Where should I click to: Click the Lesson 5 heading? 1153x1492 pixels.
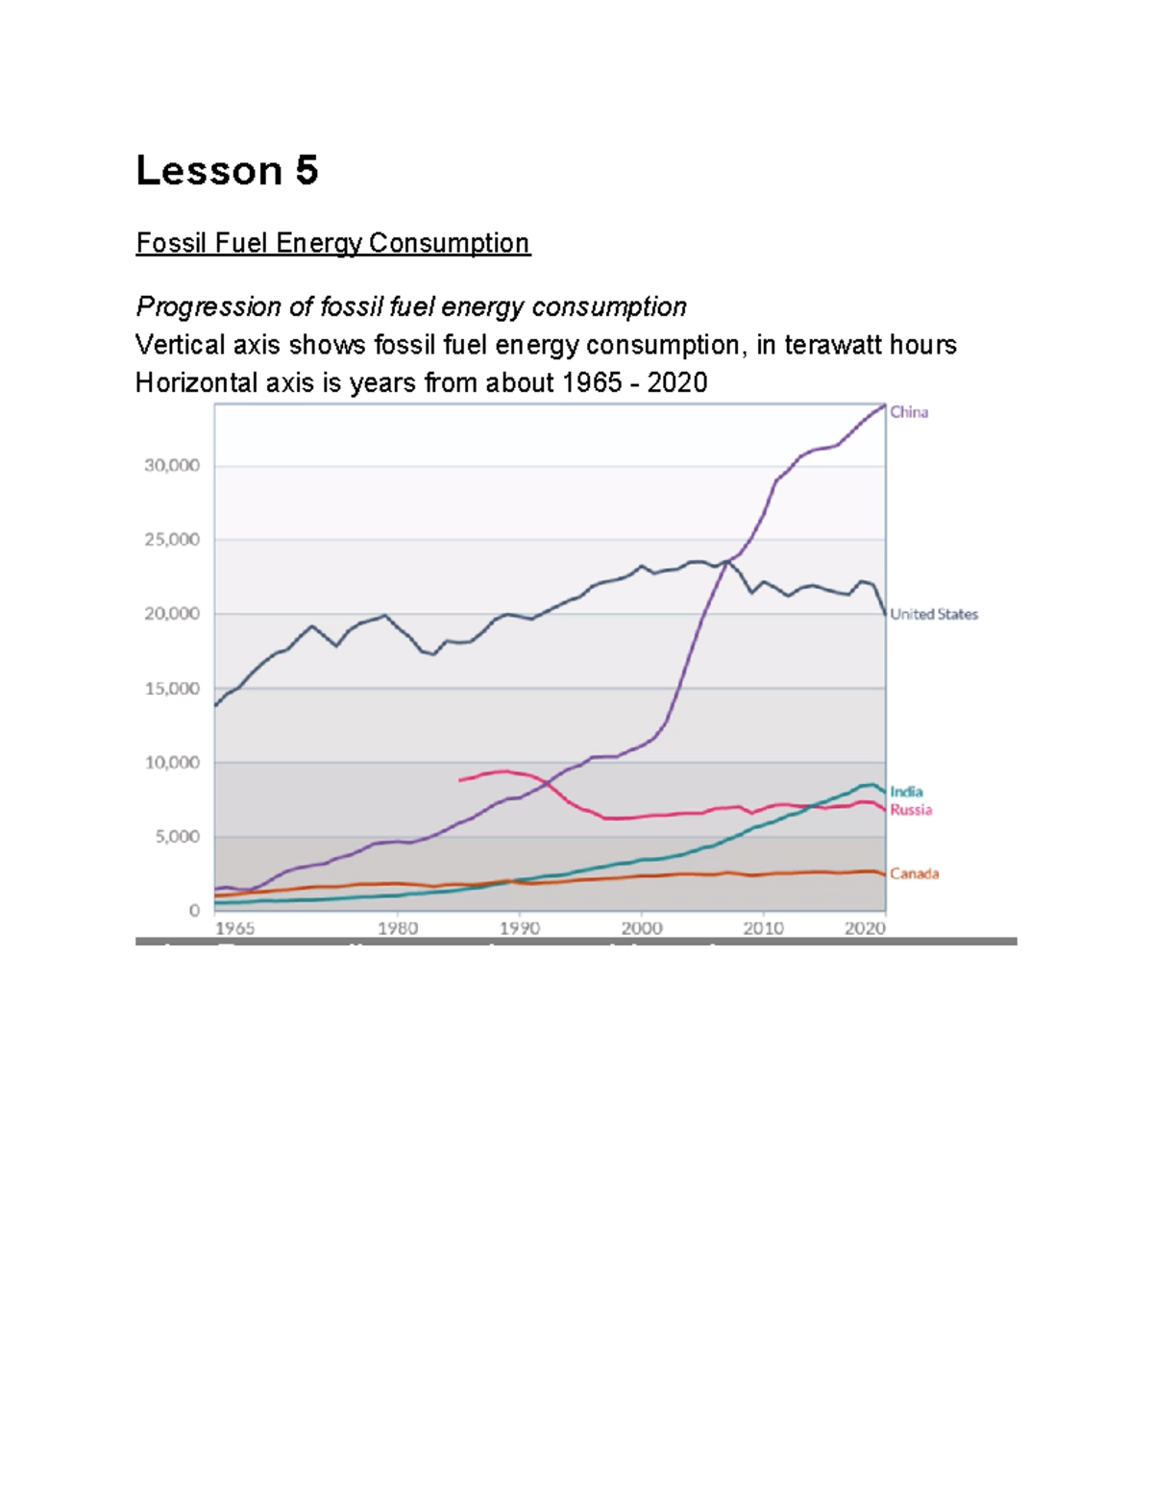[x=227, y=171]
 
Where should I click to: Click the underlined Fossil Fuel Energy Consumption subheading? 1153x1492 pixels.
[x=332, y=243]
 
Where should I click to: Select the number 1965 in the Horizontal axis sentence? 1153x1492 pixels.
[x=592, y=383]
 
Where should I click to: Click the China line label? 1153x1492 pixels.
[x=908, y=412]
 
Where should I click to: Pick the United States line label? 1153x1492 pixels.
[x=933, y=614]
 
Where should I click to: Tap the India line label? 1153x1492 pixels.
[x=906, y=792]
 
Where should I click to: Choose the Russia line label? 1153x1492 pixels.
[x=910, y=810]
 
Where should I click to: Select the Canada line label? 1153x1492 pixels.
[x=914, y=873]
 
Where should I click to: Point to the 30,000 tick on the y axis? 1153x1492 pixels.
[x=172, y=466]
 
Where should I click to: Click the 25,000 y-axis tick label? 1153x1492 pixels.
[x=172, y=540]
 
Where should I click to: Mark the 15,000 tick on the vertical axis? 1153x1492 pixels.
[x=172, y=689]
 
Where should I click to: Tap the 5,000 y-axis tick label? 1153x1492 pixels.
[x=177, y=837]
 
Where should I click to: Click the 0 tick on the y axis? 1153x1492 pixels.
[x=195, y=910]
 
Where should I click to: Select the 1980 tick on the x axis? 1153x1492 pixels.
[x=398, y=928]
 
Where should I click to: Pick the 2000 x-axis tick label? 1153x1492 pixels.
[x=642, y=928]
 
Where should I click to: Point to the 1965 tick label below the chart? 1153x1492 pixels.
[x=234, y=928]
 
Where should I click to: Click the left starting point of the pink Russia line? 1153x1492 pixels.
[x=460, y=780]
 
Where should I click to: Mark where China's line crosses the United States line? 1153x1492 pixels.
[x=728, y=560]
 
